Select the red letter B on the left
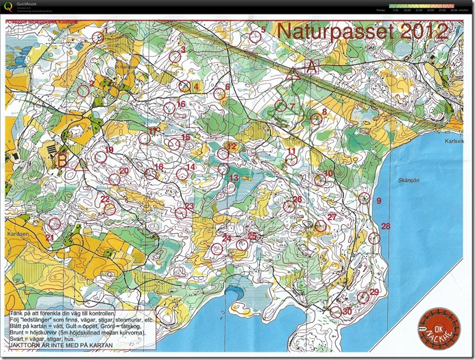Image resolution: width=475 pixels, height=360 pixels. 62,161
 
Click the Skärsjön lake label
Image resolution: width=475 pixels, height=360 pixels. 409,181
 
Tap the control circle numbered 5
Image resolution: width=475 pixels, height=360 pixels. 255,37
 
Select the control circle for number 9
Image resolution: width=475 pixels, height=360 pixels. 365,198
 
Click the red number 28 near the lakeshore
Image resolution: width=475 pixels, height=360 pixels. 385,226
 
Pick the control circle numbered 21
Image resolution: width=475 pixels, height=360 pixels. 55,223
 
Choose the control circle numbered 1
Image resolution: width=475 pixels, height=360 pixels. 97,38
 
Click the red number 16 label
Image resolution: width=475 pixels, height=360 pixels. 181,104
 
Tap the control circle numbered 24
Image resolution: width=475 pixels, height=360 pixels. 217,248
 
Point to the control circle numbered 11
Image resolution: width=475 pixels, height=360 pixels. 291,160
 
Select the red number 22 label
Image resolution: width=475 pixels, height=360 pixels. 105,200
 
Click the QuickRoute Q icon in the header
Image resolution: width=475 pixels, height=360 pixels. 9,7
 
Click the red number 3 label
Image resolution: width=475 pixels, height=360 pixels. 183,49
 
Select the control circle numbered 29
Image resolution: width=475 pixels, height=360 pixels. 363,297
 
